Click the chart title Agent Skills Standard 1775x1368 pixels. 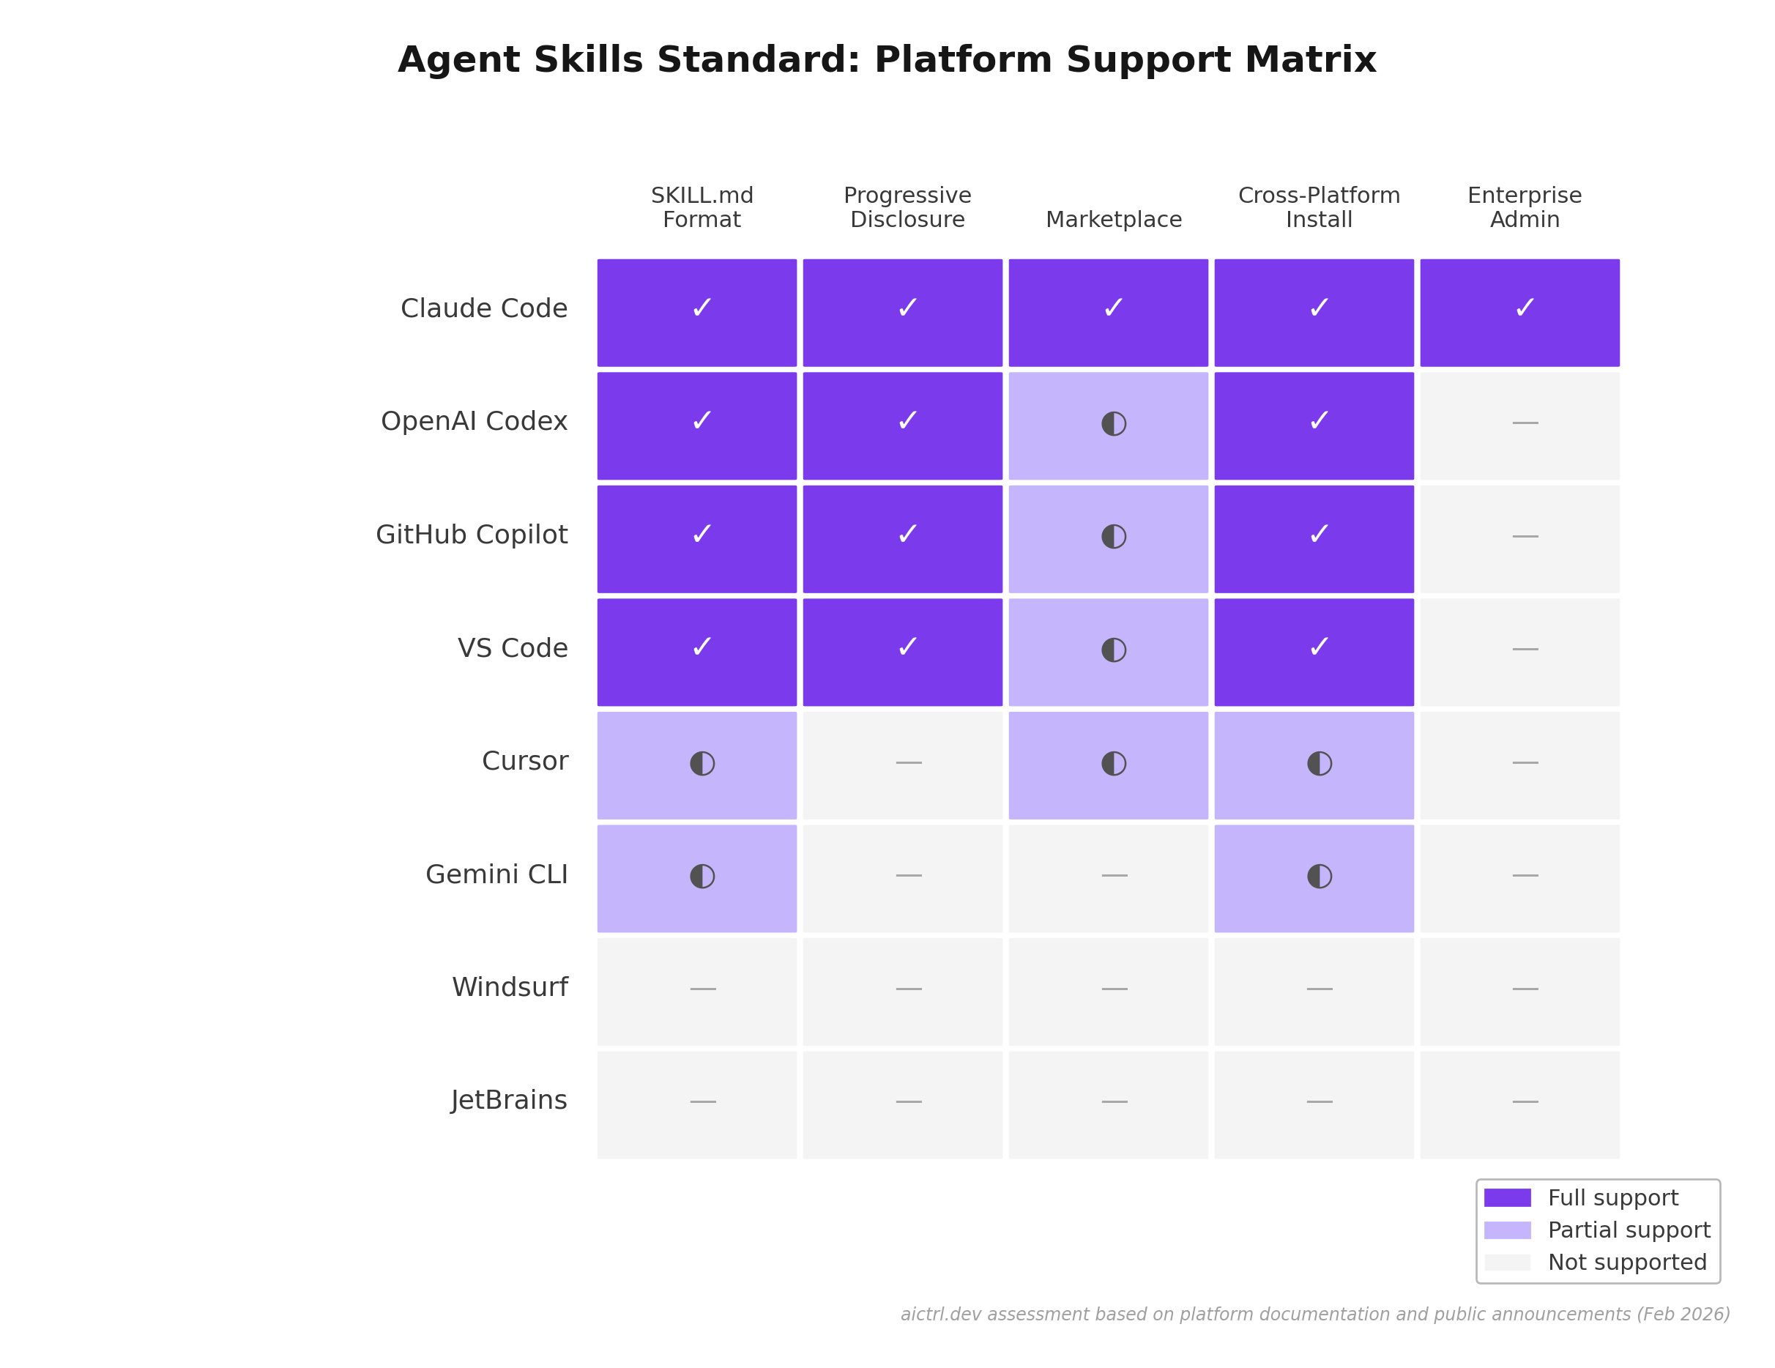(x=886, y=60)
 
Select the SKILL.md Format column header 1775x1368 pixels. (x=702, y=207)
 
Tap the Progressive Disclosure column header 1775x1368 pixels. (x=907, y=207)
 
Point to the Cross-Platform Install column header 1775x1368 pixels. (x=1318, y=207)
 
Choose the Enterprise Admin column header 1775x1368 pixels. (x=1524, y=207)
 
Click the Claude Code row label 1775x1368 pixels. (x=483, y=309)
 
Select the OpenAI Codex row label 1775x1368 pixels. (x=474, y=421)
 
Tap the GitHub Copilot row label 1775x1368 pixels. (x=472, y=535)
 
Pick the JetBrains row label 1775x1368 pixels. (x=509, y=1100)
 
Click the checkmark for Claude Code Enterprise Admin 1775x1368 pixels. (x=1524, y=308)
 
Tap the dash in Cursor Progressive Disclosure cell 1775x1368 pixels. (x=908, y=762)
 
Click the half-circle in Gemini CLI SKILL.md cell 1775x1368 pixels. (x=702, y=875)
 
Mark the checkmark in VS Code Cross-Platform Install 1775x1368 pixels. (x=1318, y=647)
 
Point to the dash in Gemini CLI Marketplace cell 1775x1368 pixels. (x=1114, y=875)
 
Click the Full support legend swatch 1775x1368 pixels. (x=1507, y=1197)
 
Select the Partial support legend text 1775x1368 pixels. (x=1628, y=1230)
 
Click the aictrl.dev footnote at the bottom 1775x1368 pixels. (x=1314, y=1315)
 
